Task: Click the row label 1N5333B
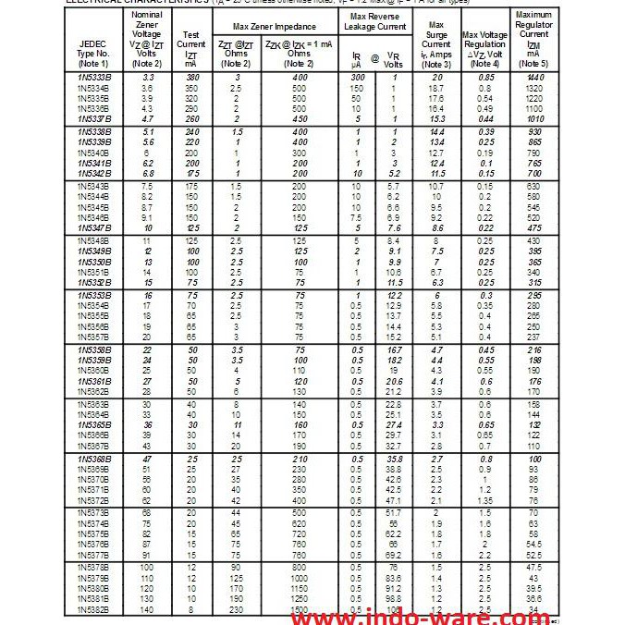94,78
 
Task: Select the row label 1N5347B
94,227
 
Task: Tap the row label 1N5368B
94,459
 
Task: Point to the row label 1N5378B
94,565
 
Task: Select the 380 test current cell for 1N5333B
191,78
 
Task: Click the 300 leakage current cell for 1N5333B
357,78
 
